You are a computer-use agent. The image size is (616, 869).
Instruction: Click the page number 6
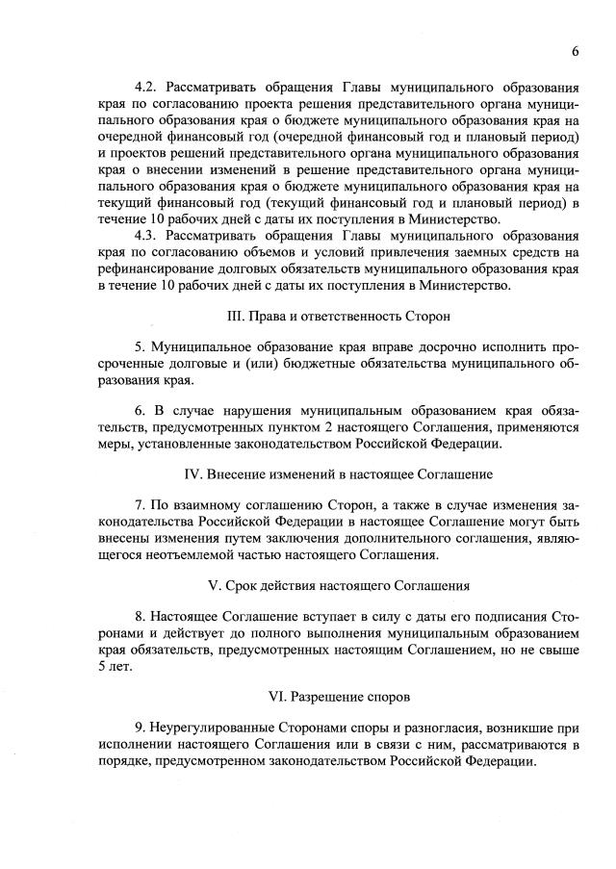pos(575,51)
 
